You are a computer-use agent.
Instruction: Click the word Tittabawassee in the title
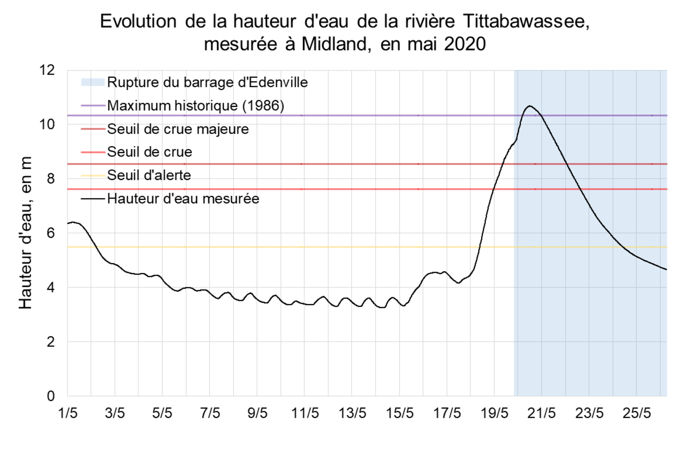point(526,22)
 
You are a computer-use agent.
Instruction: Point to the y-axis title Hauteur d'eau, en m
point(25,233)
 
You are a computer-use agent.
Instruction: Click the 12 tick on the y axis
point(47,70)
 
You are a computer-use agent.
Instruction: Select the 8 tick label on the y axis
point(51,179)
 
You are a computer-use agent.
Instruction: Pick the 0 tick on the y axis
point(51,396)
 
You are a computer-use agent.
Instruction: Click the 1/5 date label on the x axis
point(68,413)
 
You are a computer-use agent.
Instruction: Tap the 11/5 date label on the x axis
point(305,413)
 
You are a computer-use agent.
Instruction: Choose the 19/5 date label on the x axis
point(494,413)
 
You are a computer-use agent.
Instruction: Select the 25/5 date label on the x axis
point(636,413)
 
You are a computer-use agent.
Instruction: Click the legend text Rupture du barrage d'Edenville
point(207,83)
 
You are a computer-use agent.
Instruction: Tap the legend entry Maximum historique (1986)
point(195,106)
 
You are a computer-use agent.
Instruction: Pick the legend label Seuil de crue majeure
point(178,129)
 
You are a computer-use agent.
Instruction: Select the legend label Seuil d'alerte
point(149,175)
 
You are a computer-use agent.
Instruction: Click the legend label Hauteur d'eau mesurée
point(183,199)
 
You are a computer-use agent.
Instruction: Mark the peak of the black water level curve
point(530,106)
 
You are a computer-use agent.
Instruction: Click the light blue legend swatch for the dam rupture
point(93,83)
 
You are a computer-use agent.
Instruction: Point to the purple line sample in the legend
point(93,106)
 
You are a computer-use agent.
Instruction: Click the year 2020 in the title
point(465,44)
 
